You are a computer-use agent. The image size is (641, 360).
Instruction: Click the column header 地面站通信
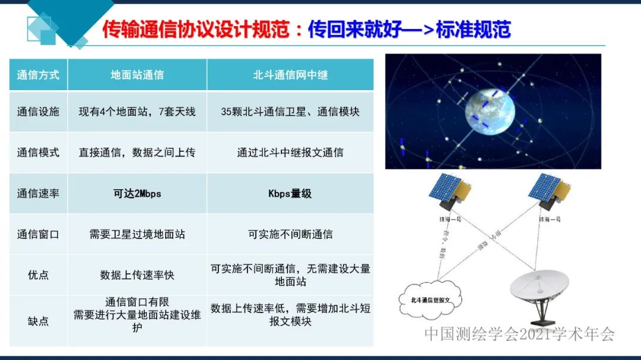point(137,75)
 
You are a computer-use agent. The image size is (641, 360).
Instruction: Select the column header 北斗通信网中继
point(290,75)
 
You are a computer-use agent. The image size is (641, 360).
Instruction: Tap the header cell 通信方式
point(38,75)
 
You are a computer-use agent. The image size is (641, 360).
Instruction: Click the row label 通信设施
point(38,111)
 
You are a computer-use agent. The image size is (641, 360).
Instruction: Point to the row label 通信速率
point(38,193)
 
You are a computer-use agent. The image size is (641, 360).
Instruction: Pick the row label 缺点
point(38,321)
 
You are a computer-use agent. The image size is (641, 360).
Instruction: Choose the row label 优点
point(38,275)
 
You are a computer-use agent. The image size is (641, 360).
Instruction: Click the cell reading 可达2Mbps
point(137,193)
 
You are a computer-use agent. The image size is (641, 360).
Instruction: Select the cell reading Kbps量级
point(290,193)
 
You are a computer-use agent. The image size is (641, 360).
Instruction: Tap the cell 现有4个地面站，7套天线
point(137,111)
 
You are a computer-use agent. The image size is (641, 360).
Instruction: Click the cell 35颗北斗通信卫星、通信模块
point(290,111)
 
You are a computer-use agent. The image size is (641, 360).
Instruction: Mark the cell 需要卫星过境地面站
point(137,234)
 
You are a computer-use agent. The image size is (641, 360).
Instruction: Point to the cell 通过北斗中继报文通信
point(290,152)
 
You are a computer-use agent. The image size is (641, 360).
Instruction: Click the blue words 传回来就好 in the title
point(347,30)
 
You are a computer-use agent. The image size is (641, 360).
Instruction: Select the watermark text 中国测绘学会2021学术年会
point(519,334)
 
